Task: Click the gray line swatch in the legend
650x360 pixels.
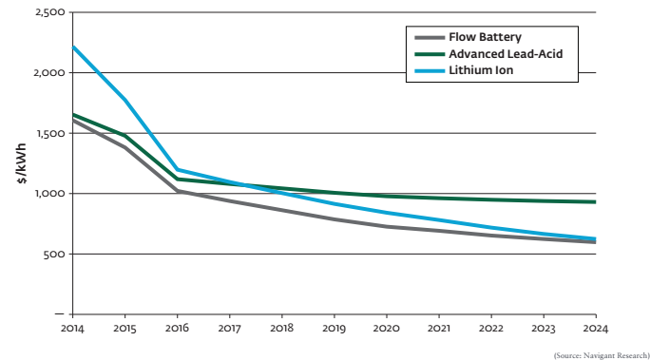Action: click(428, 39)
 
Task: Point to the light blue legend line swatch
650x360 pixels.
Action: click(428, 69)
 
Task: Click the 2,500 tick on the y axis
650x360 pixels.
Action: click(47, 12)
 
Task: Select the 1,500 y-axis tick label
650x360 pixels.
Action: click(47, 133)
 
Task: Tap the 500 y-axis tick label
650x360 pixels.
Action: click(51, 254)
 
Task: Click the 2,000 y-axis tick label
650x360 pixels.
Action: click(47, 73)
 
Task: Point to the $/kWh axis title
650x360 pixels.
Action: click(21, 163)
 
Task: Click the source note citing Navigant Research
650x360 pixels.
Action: click(600, 353)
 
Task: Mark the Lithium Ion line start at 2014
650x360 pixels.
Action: click(73, 47)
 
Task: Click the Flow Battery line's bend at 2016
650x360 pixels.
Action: click(177, 191)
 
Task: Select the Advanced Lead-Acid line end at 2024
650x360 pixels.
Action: click(595, 201)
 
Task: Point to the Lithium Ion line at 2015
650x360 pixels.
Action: click(124, 99)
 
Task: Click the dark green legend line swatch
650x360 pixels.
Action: click(428, 54)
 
